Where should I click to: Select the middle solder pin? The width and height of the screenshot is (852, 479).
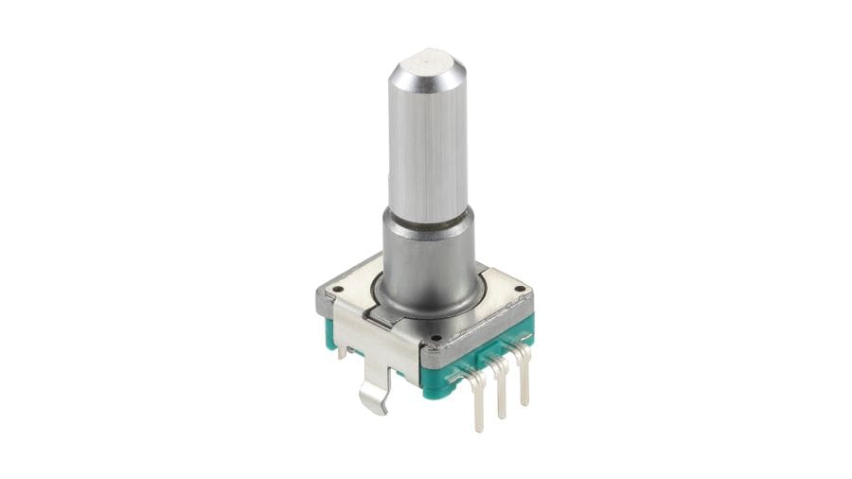(x=502, y=393)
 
